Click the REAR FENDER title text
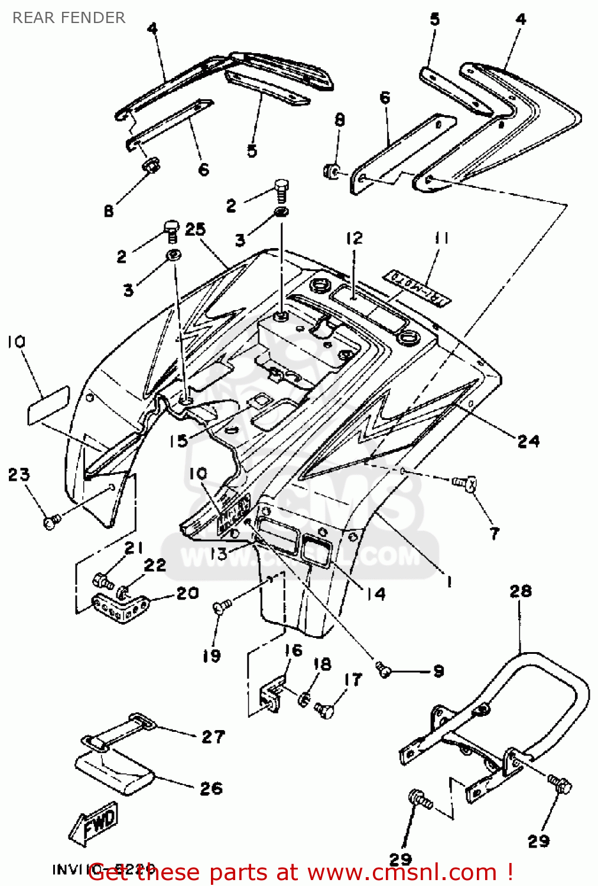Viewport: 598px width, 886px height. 69,18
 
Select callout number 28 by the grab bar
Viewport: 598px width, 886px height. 520,591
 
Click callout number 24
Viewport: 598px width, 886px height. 528,441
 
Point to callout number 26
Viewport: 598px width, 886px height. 211,789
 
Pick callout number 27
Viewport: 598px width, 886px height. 213,737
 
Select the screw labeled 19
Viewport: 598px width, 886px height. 222,606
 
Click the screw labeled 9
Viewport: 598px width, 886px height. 384,669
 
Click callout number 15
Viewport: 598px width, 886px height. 178,440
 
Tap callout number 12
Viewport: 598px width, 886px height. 354,238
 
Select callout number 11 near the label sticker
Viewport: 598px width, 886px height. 441,238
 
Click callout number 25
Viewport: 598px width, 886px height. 195,229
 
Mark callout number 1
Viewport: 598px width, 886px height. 449,582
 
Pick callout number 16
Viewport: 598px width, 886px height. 293,650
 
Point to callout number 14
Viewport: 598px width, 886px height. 376,593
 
